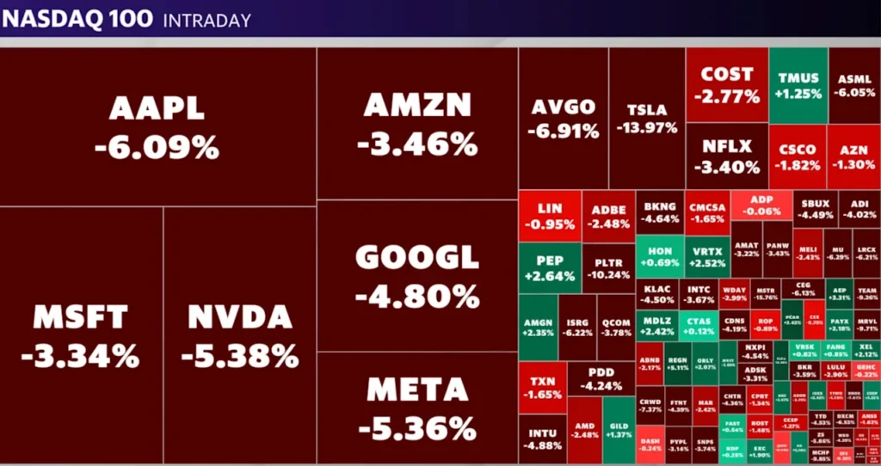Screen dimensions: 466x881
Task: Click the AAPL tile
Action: point(157,126)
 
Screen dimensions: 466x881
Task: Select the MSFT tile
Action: point(81,335)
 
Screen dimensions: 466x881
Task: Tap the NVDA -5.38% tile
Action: point(240,335)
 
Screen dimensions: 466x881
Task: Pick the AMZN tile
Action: point(417,123)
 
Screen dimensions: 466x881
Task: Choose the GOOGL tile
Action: point(417,275)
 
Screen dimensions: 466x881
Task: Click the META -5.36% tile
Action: point(417,408)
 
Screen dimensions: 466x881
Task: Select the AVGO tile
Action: point(563,119)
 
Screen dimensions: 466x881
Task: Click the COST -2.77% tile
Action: point(727,84)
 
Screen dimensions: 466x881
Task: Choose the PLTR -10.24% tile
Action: point(608,267)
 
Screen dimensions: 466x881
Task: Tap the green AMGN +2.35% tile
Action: point(538,327)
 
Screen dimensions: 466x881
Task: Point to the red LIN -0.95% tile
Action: point(549,216)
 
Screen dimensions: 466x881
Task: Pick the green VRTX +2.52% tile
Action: point(706,256)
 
